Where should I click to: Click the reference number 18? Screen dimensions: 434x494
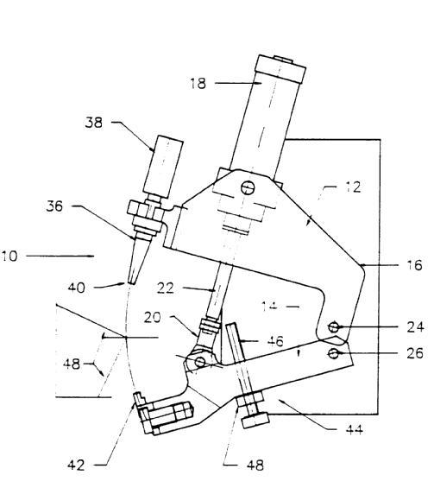198,84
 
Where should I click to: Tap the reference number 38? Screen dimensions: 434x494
94,123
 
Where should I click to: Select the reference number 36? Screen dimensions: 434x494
54,206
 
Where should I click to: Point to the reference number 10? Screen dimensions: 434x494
9,256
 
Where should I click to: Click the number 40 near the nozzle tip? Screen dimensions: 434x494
77,288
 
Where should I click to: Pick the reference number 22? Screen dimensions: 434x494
166,288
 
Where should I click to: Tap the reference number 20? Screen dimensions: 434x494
153,317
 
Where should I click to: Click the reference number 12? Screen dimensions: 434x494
353,187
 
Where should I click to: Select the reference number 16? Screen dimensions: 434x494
414,265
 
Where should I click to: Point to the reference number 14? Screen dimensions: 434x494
270,306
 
